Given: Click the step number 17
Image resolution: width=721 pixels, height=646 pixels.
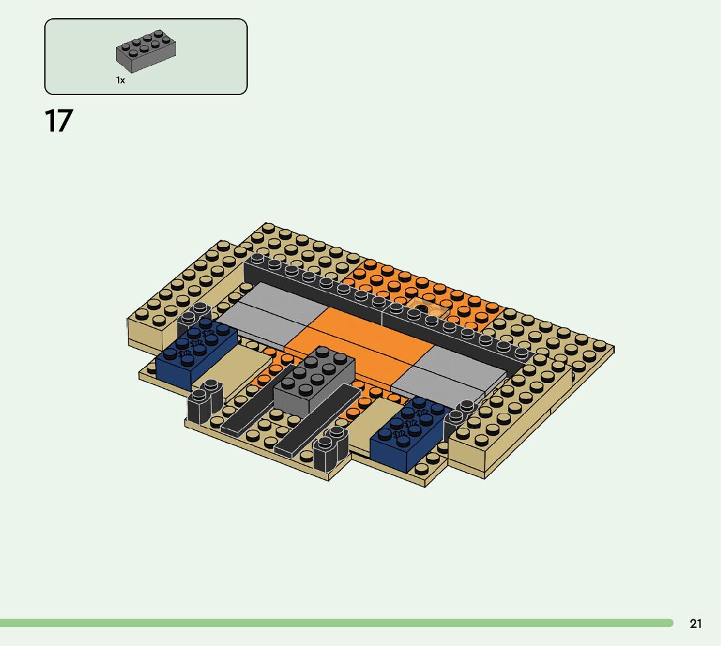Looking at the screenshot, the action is [59, 121].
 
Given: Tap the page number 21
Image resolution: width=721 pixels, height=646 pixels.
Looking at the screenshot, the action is [696, 623].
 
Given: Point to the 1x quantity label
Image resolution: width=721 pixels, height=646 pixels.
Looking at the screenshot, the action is [121, 80].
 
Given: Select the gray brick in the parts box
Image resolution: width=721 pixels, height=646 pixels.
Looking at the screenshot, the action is [146, 51].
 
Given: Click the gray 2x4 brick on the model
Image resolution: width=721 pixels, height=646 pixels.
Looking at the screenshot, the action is [314, 380].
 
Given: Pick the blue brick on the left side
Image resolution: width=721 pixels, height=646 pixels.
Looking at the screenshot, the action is [197, 351].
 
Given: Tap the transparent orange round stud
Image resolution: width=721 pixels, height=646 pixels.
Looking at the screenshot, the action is [419, 307].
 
